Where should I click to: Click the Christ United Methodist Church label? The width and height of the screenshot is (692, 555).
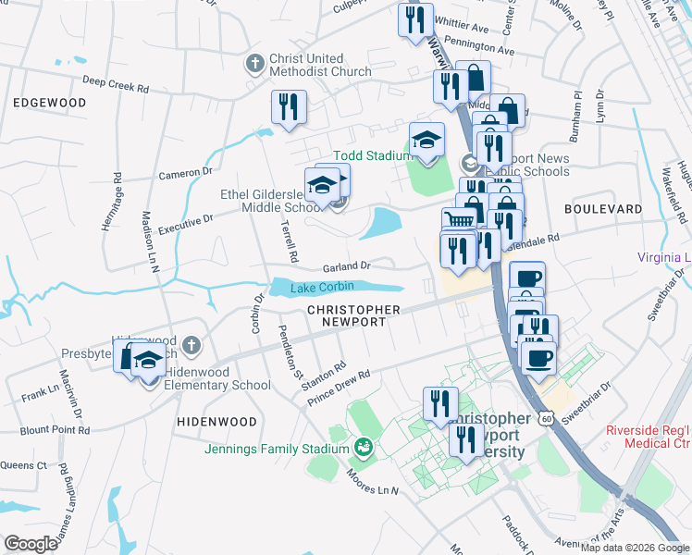click(320, 65)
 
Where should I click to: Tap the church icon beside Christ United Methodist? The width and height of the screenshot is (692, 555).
click(254, 65)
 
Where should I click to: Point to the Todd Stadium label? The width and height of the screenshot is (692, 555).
click(369, 156)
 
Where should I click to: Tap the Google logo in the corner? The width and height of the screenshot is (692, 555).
click(31, 543)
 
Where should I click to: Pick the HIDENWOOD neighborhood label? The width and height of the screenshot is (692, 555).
click(216, 421)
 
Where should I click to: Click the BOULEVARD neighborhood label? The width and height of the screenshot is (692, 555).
click(603, 210)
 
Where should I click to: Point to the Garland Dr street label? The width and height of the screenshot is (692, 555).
click(346, 266)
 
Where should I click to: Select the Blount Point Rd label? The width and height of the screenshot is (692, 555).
click(56, 430)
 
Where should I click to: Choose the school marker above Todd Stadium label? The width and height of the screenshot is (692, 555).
click(426, 141)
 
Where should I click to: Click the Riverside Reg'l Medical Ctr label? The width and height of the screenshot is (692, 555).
click(649, 437)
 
